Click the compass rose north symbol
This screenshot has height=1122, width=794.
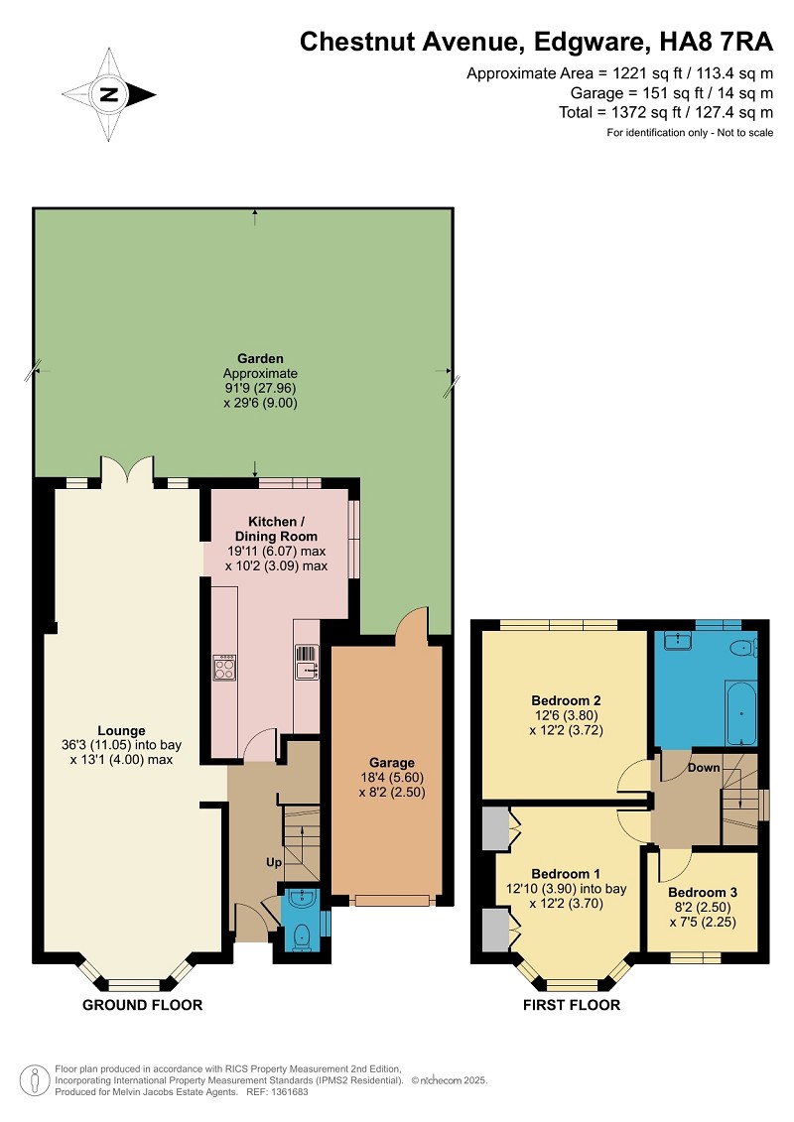pos(109,93)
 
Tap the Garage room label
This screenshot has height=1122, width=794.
pos(392,763)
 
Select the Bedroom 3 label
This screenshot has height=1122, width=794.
pos(703,892)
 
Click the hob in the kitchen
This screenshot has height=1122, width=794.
pos(224,668)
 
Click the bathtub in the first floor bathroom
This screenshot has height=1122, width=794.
pos(741,713)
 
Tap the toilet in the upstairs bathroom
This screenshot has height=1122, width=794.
pos(743,648)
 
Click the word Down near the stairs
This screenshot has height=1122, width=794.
pos(704,768)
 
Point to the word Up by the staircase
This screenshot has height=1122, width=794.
pos(274,862)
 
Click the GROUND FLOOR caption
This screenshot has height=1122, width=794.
pos(143,1005)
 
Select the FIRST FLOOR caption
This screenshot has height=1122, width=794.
pos(572,1005)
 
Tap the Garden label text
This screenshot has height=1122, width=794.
pos(261,358)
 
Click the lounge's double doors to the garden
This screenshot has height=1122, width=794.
pos(127,470)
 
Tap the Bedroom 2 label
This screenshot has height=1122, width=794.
pos(566,700)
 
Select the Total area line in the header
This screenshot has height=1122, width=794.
pos(666,112)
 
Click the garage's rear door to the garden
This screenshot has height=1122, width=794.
pos(412,621)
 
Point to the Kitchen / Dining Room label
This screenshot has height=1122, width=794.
pos(276,529)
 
